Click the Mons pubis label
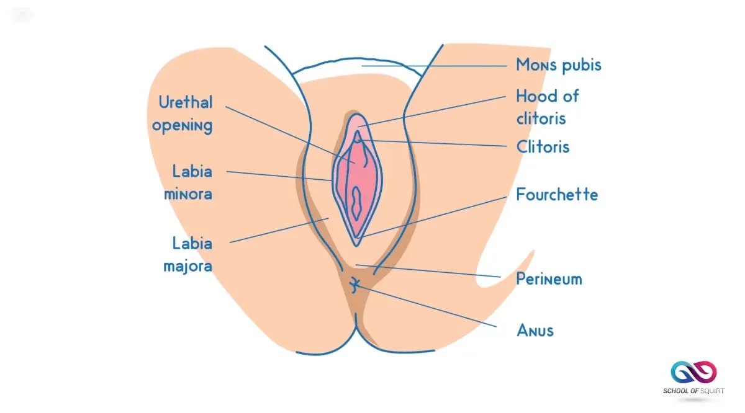[x=559, y=64]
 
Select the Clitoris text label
[x=543, y=147]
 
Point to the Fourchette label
[x=557, y=195]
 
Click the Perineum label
[x=549, y=278]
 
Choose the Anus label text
[x=535, y=330]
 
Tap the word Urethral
[x=185, y=102]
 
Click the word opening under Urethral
[x=183, y=126]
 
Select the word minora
[x=187, y=193]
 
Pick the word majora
[x=187, y=267]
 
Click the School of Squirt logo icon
[x=693, y=373]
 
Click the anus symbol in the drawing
[x=354, y=285]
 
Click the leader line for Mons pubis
[x=435, y=65]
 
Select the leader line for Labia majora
[x=279, y=230]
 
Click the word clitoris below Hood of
[x=541, y=118]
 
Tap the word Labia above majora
[x=192, y=243]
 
